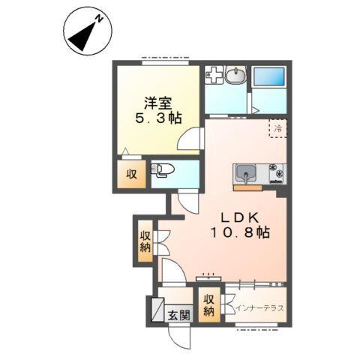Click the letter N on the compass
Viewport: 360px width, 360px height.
100,19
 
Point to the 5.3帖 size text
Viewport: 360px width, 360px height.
158,118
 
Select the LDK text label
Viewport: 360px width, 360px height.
240,218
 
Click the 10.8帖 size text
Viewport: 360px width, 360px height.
240,232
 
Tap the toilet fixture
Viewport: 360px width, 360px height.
162,170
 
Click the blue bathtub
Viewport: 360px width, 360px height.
268,76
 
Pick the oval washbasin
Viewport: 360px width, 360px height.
235,74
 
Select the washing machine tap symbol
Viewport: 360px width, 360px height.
214,74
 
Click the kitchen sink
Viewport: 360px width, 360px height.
246,174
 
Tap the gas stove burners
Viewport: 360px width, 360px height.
277,172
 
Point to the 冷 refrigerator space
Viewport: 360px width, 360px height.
278,128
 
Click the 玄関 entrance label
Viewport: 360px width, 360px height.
179,316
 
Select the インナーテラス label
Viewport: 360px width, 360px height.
259,308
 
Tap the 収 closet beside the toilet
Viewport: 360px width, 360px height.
131,174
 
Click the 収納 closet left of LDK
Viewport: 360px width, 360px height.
145,241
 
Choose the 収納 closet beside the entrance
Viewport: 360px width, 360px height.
209,304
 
